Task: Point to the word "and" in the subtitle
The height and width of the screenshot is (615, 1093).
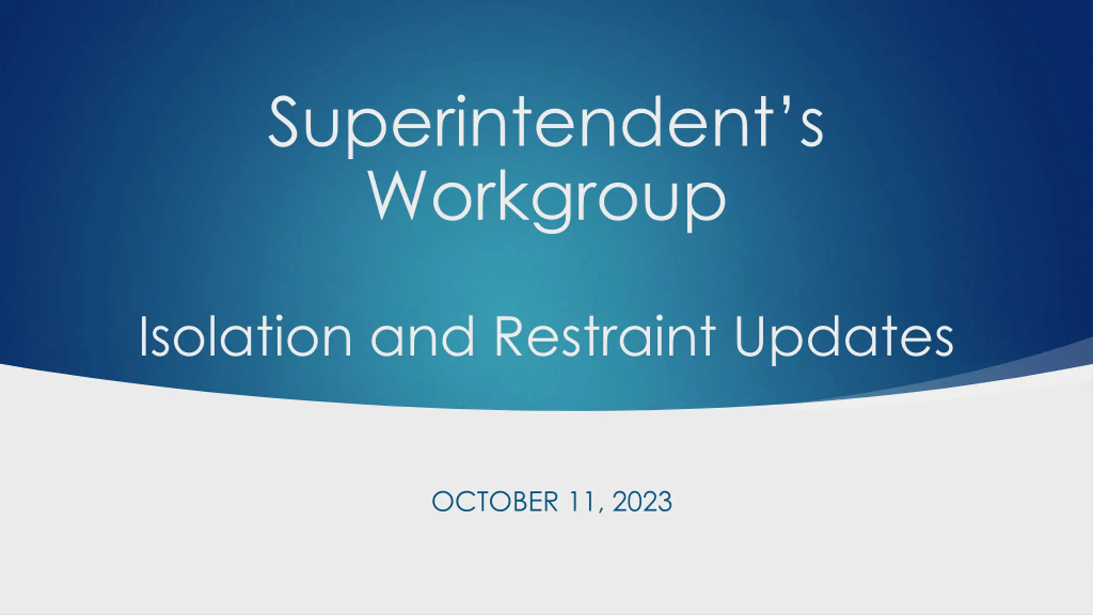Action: [423, 337]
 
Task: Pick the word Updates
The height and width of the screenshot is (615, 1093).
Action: [844, 340]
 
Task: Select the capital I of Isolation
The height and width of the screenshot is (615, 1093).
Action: [143, 337]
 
